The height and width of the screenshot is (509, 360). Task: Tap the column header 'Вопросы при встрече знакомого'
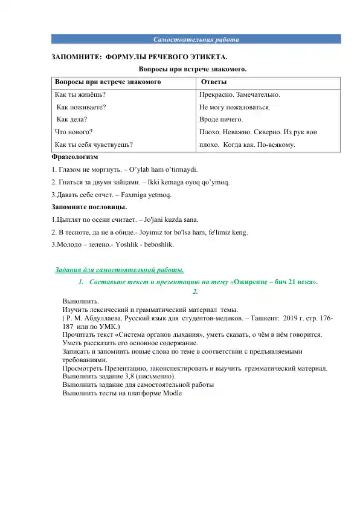108,82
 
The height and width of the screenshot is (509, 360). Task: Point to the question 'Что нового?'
74,131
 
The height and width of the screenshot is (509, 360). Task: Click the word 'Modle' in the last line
172,392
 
